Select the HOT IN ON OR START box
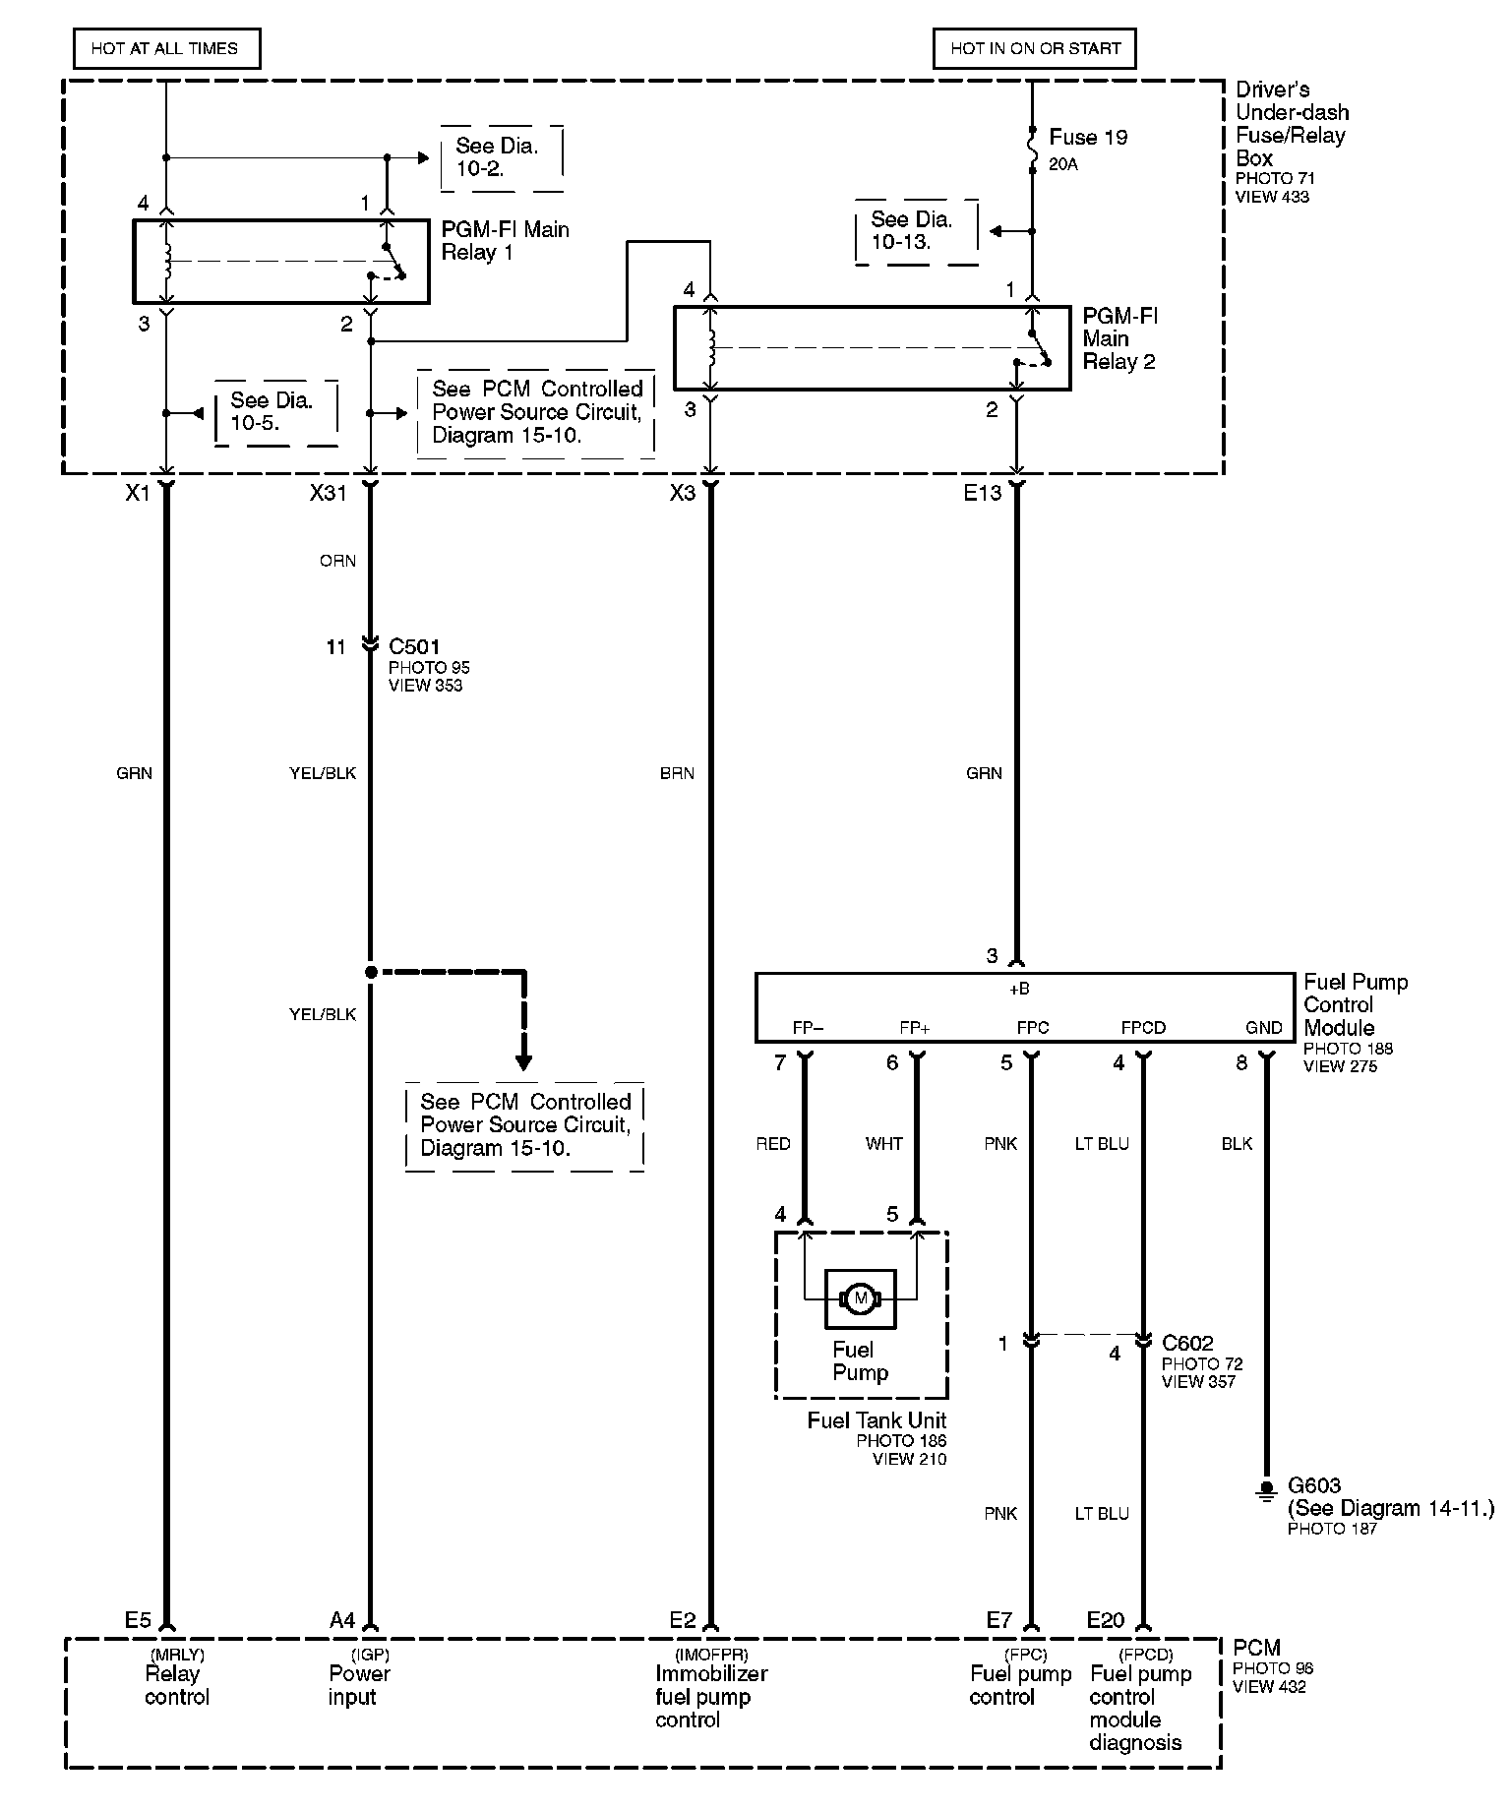(1035, 48)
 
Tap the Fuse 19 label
(1088, 138)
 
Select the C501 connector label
(414, 646)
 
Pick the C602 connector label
(1187, 1343)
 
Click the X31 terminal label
(329, 493)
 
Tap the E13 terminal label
(982, 493)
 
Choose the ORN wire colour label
(337, 561)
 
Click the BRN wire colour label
(677, 773)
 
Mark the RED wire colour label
(773, 1144)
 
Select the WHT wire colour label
(883, 1144)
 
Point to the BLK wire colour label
(1237, 1144)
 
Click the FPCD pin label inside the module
(1143, 1028)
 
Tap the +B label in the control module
(1020, 989)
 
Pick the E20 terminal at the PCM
(1106, 1619)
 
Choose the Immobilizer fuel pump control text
(710, 1696)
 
